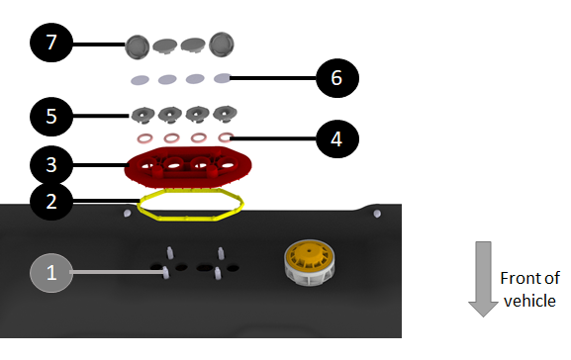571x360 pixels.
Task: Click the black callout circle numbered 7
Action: point(51,43)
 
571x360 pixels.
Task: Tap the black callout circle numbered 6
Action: point(337,78)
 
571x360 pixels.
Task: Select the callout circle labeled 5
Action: point(51,117)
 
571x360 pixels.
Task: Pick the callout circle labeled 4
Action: point(337,139)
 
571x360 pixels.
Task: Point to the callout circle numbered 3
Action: point(51,165)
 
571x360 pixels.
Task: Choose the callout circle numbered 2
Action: point(51,202)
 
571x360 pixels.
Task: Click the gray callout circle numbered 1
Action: point(51,273)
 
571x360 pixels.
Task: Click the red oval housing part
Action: point(188,168)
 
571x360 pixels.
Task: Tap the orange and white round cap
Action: point(309,262)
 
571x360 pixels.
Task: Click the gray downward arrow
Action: point(483,279)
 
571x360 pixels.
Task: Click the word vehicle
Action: point(529,301)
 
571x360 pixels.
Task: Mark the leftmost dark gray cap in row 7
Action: point(138,46)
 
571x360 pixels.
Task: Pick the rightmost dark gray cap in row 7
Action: point(222,45)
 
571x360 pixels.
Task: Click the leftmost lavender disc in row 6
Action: point(140,80)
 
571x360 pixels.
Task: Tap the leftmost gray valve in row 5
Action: point(143,115)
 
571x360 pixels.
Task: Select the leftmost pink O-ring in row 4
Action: point(144,138)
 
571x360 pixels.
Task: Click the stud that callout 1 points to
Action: point(165,272)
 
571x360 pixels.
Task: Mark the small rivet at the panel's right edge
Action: point(377,214)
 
